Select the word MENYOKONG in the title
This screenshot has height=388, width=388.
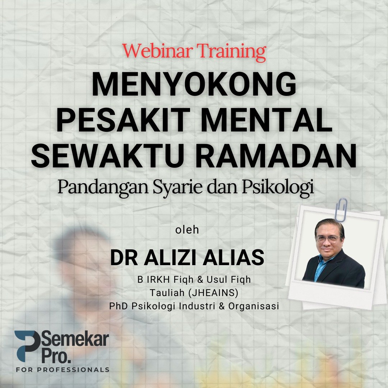194,84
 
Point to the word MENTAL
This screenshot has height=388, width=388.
267,120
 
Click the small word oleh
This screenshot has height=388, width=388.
187,230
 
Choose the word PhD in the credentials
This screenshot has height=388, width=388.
119,306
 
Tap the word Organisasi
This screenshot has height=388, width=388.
254,306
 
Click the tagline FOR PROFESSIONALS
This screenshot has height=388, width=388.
63,370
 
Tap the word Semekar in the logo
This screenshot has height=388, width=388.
75,339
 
